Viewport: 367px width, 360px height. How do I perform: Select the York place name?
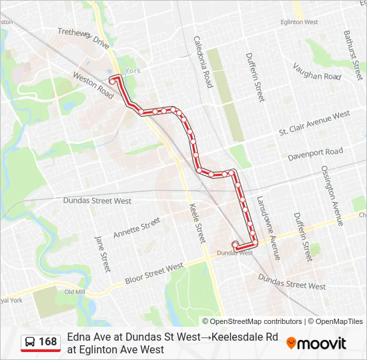tap(133, 70)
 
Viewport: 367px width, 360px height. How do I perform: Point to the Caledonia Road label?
tap(203, 62)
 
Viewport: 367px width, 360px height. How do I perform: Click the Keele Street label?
tap(197, 223)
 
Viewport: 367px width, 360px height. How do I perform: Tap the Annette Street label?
tap(136, 227)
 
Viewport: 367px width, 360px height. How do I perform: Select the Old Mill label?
tap(75, 292)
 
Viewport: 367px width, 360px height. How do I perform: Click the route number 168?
tap(48, 342)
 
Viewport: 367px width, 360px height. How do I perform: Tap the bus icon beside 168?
tap(30, 342)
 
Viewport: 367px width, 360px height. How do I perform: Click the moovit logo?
tap(316, 343)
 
